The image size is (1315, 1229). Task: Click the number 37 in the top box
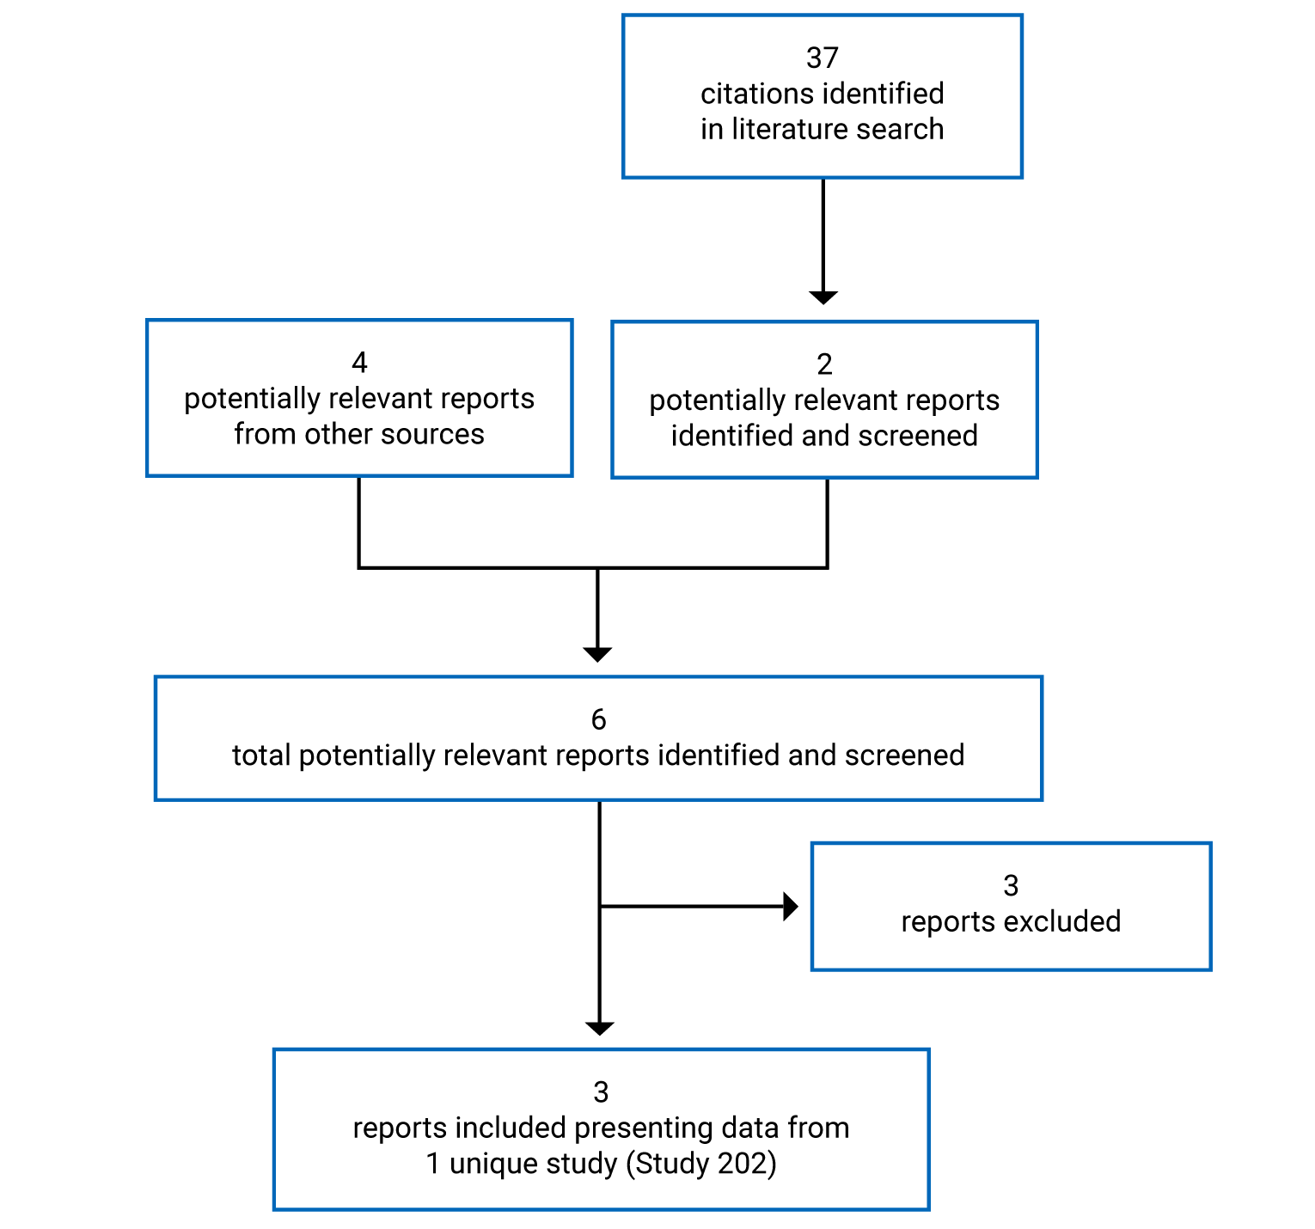pyautogui.click(x=822, y=58)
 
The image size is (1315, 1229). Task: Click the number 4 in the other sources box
pyautogui.click(x=359, y=363)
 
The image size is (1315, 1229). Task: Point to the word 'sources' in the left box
pyautogui.click(x=432, y=434)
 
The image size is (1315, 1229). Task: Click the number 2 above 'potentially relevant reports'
pyautogui.click(x=824, y=364)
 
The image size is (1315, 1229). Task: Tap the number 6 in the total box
pyautogui.click(x=598, y=719)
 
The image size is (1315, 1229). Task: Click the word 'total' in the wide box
pyautogui.click(x=261, y=755)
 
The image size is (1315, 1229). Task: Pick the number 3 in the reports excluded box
pyautogui.click(x=1011, y=885)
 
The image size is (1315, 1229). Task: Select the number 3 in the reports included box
pyautogui.click(x=601, y=1092)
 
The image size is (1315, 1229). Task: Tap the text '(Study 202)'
pyautogui.click(x=700, y=1164)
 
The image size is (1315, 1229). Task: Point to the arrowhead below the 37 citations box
pyautogui.click(x=823, y=297)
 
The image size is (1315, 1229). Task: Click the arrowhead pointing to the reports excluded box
pyautogui.click(x=791, y=907)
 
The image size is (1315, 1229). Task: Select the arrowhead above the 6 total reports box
pyautogui.click(x=597, y=654)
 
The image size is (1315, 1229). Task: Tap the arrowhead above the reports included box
pyautogui.click(x=599, y=1028)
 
